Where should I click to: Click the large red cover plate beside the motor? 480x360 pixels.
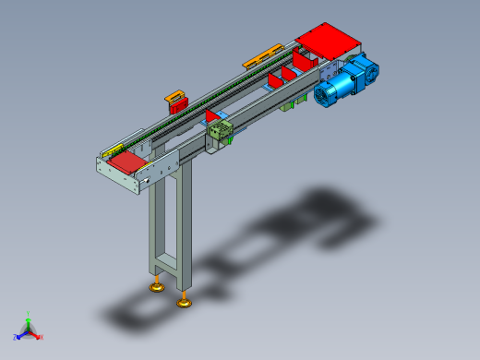327,42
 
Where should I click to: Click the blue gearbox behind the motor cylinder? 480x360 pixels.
363,69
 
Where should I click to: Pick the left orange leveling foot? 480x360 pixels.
158,287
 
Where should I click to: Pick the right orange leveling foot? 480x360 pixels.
186,300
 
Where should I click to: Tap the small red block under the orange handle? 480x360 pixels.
176,102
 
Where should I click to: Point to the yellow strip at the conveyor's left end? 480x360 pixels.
111,150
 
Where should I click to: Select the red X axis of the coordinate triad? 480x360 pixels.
37,336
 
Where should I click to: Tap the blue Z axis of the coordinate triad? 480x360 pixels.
20,335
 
